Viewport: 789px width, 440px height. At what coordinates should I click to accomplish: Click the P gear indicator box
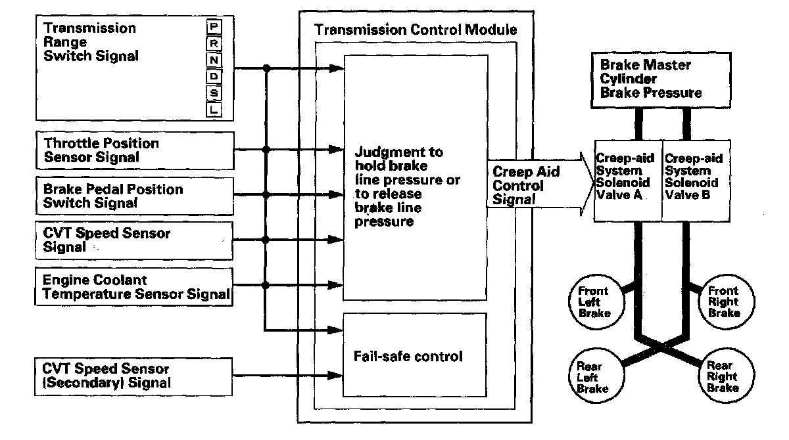[214, 27]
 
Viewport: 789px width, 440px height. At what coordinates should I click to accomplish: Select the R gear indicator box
[214, 43]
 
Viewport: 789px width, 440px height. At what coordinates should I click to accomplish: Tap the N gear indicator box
[214, 60]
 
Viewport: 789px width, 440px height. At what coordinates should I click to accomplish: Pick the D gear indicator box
[214, 77]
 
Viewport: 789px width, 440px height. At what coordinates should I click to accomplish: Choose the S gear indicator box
[214, 94]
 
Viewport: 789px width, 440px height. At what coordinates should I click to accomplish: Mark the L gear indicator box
[214, 110]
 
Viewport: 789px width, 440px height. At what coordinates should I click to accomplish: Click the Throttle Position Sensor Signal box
[134, 150]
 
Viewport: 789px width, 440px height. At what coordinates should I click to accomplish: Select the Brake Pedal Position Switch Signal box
[134, 196]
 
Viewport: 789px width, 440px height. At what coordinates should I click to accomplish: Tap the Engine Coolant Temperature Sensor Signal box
[134, 286]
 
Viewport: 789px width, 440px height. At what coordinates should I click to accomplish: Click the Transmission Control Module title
[416, 30]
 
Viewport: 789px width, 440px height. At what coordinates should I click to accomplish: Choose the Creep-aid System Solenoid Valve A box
[628, 179]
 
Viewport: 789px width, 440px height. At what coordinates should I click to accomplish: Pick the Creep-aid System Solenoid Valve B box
[694, 179]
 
